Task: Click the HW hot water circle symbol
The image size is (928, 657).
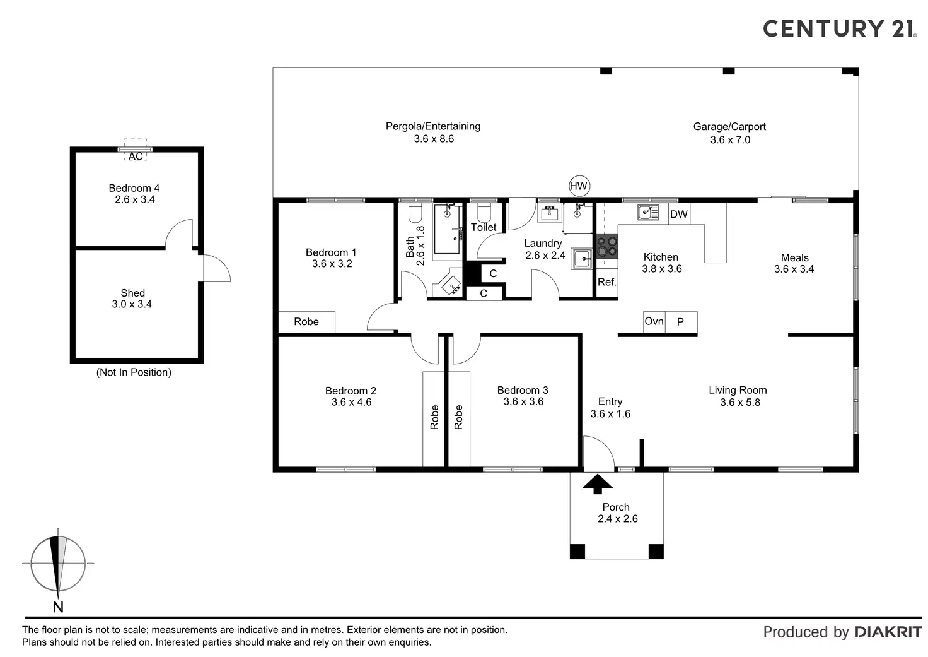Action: click(578, 186)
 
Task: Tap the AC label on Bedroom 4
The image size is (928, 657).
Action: click(136, 157)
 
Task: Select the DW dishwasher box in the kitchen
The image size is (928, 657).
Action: click(679, 215)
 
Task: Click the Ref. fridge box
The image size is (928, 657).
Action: click(606, 282)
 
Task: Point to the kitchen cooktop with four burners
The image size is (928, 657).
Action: click(607, 246)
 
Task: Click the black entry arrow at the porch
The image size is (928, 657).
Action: click(598, 483)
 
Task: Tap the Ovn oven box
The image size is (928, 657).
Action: click(654, 322)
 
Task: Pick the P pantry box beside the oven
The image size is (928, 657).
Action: click(681, 322)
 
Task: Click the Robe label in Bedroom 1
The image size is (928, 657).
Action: click(306, 322)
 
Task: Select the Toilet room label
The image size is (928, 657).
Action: click(484, 227)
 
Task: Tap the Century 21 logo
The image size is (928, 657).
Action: click(839, 28)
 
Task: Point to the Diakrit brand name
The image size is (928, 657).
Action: click(888, 632)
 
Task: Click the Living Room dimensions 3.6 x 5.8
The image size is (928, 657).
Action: click(740, 402)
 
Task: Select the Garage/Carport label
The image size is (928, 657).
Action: click(729, 127)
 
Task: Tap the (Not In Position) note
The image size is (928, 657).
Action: click(134, 372)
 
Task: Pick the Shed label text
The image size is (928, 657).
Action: click(132, 293)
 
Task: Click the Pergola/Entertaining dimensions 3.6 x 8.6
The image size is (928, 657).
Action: click(434, 139)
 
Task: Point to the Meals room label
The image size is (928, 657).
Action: click(794, 257)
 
